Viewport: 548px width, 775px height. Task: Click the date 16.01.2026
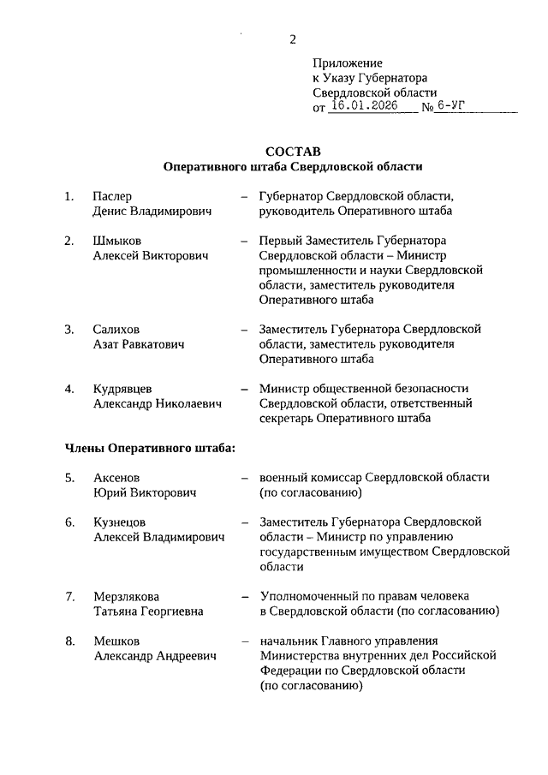point(363,107)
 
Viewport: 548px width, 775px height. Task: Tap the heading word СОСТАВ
point(292,152)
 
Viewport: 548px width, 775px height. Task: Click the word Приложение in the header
point(347,63)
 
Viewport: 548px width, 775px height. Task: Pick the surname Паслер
point(113,196)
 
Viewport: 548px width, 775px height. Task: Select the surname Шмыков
point(117,241)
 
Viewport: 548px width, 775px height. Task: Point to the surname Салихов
point(116,330)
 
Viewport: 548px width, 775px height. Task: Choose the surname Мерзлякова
point(126,596)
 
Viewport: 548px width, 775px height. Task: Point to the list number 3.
point(69,330)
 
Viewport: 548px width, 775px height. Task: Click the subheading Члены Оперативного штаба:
point(150,447)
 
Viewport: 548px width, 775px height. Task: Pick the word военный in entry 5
point(283,478)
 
